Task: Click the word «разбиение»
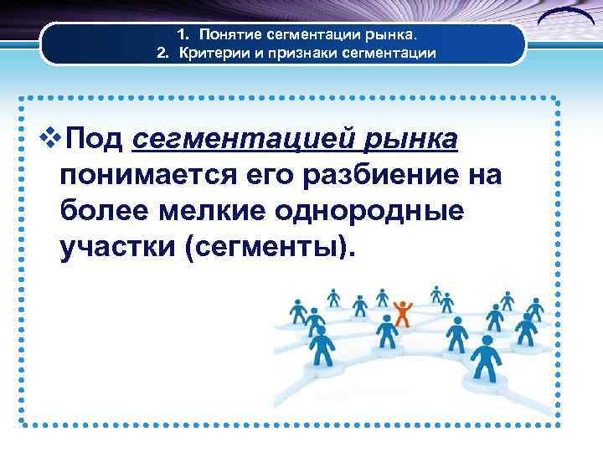tap(373, 176)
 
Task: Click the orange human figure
tap(403, 311)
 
